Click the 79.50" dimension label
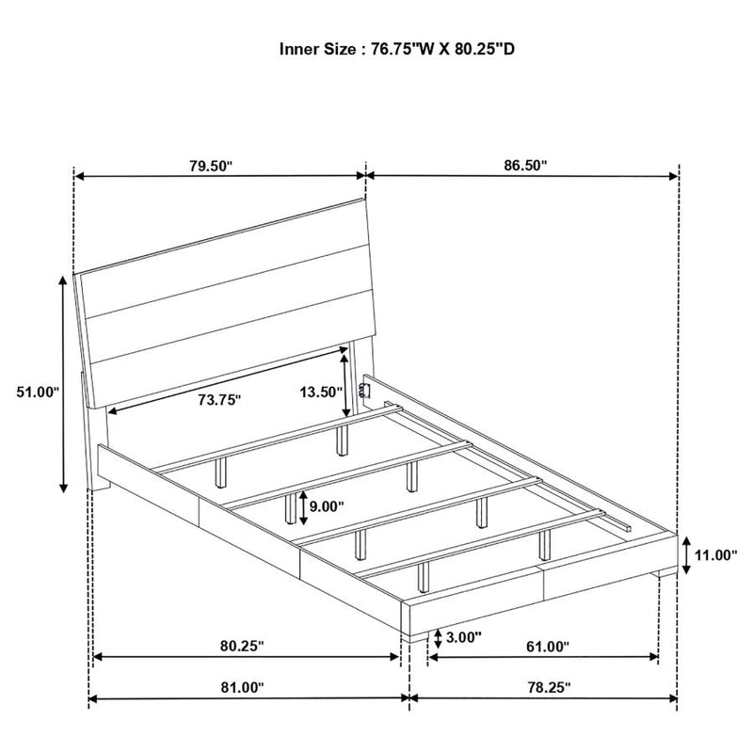210,167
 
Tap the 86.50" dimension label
525,166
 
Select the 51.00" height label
38,392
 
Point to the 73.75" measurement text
219,399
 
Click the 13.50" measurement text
321,393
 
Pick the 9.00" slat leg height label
327,506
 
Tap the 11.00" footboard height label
715,555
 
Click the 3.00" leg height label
463,637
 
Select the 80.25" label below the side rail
243,646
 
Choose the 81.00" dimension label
243,687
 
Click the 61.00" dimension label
548,647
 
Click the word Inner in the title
299,49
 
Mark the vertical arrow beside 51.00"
63,384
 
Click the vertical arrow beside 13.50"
345,382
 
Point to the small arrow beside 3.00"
438,639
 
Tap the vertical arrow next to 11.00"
686,555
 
